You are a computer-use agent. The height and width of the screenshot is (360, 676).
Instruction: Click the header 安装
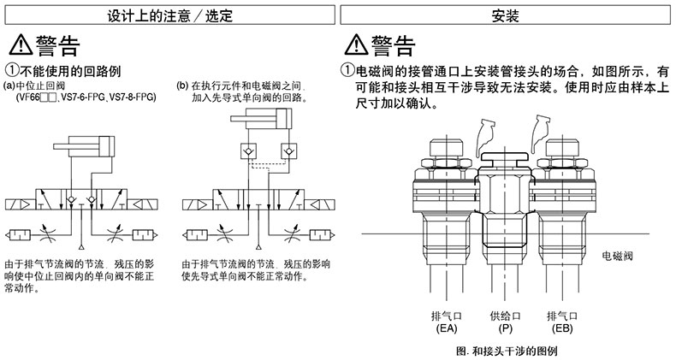point(507,15)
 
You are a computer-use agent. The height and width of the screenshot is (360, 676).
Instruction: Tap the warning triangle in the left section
point(19,46)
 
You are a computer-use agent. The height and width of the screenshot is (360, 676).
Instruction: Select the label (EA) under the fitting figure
point(446,328)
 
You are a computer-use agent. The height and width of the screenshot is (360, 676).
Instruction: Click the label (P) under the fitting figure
point(505,328)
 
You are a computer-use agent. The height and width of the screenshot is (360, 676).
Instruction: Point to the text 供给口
point(505,315)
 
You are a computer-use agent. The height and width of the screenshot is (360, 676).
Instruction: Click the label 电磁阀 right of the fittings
point(617,255)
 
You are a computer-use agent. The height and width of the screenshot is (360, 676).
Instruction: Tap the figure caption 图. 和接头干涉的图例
point(506,350)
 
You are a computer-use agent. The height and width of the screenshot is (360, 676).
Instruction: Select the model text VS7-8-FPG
point(133,97)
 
